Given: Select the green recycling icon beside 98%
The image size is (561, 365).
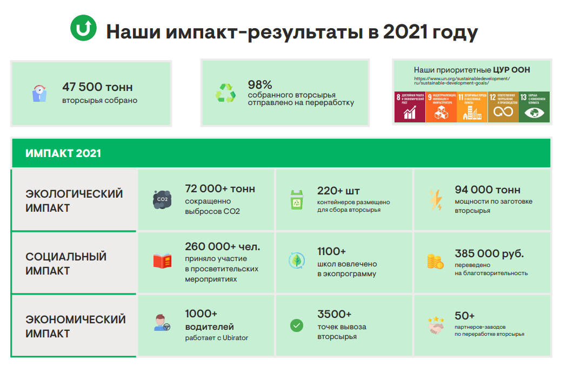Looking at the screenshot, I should pos(225,93).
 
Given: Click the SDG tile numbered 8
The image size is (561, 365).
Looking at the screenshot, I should pos(409,106).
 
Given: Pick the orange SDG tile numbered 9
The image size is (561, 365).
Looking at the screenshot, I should pos(441,106).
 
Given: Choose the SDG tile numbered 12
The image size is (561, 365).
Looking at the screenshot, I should pos(503,106).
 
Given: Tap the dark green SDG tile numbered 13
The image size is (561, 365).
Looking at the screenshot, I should pos(534,106).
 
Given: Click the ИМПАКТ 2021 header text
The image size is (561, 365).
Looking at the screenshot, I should pos(63,153).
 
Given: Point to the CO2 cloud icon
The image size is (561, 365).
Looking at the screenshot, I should pos(162,199).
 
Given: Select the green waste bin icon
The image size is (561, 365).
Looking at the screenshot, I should pos(297,199).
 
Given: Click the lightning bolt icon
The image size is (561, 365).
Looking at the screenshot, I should pos(435,199).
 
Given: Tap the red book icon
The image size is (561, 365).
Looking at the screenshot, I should pos(162,261).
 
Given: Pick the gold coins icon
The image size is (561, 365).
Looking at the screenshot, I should pos(435,261).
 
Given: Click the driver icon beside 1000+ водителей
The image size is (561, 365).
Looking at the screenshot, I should pos(162,323).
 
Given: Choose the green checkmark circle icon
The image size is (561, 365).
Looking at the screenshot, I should pos(297,325).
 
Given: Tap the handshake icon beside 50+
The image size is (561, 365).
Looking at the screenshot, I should pos(435,324).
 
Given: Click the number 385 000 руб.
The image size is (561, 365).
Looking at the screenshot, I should pos(489,253).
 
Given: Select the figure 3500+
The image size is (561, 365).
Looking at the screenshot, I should pos(334,314).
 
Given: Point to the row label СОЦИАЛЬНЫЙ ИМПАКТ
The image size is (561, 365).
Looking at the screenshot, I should pos(66,263).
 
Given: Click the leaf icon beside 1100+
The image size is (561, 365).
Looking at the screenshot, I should pos(297,260).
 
